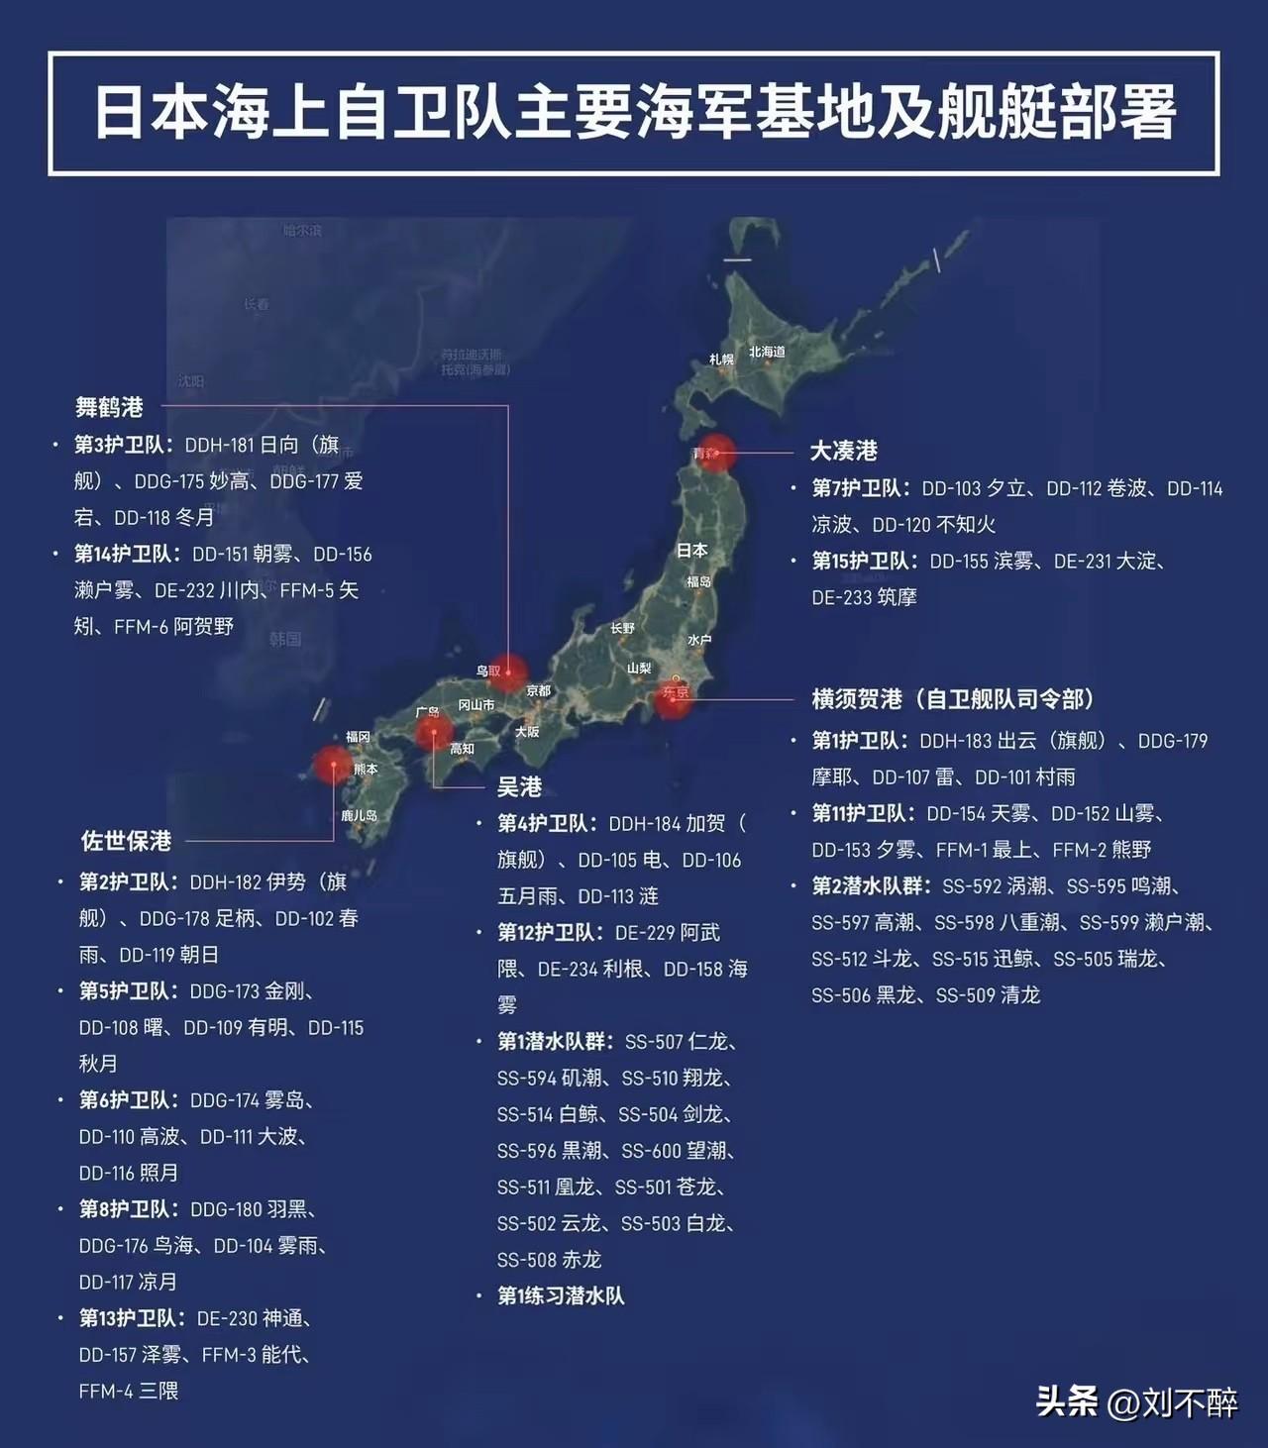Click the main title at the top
coord(634,112)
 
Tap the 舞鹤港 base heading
coord(109,407)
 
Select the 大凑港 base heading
coord(844,451)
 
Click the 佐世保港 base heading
coord(126,841)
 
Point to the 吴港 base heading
coord(519,786)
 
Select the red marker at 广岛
coord(433,733)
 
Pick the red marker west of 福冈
coord(332,766)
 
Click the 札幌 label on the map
coord(721,360)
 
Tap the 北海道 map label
coord(767,352)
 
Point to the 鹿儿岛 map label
coord(359,815)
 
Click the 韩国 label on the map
coord(285,639)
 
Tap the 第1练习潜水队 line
coord(561,1295)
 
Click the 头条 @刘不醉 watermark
coord(1136,1401)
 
